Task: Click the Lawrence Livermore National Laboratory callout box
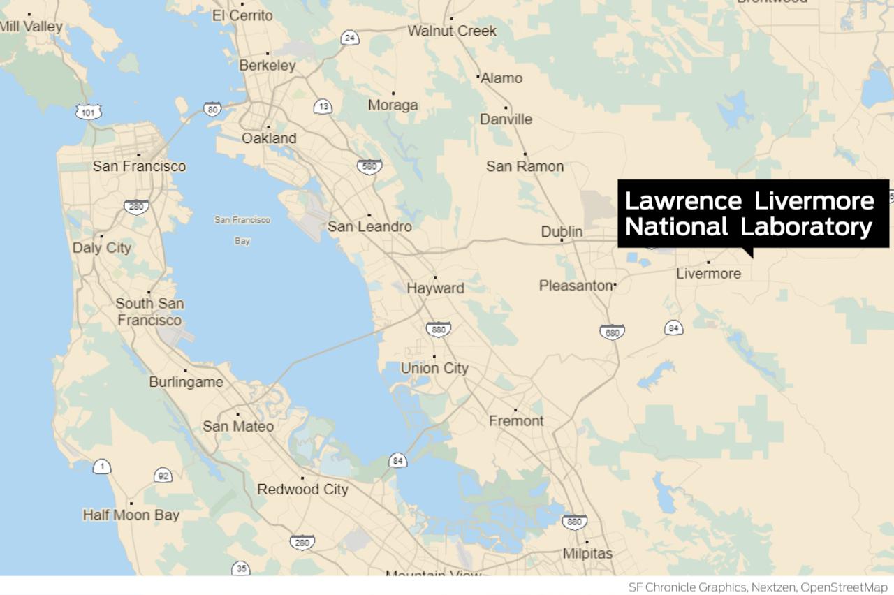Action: click(x=752, y=214)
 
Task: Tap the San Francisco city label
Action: click(x=140, y=166)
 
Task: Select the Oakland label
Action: click(x=269, y=138)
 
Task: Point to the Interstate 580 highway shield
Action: click(x=369, y=167)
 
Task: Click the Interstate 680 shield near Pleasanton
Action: click(x=612, y=332)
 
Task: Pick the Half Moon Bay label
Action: click(x=131, y=515)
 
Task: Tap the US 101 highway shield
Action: click(x=88, y=112)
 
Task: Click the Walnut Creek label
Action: click(x=452, y=31)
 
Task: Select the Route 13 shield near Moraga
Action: click(x=323, y=107)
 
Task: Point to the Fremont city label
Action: click(x=516, y=420)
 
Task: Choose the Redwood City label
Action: click(x=302, y=490)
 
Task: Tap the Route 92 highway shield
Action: click(x=163, y=476)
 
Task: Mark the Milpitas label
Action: click(x=587, y=553)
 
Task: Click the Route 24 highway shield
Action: click(x=350, y=38)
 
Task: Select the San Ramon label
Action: click(x=525, y=166)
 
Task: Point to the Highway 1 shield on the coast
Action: click(x=102, y=467)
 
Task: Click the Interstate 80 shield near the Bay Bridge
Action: click(x=212, y=108)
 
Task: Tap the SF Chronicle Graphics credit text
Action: click(x=761, y=587)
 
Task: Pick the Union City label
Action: click(x=434, y=368)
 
